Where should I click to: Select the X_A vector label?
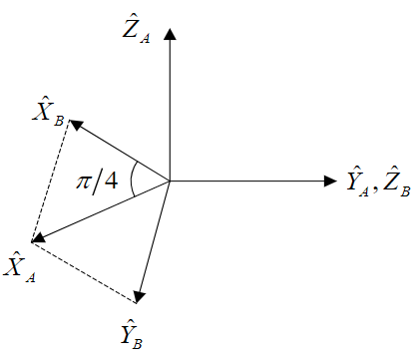[20, 266]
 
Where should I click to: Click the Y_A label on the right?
[358, 181]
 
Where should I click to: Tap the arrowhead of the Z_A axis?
[171, 33]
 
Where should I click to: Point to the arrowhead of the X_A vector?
[38, 239]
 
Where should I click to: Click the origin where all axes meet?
[171, 180]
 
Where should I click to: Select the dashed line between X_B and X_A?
[50, 180]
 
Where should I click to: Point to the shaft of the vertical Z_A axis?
[171, 110]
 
